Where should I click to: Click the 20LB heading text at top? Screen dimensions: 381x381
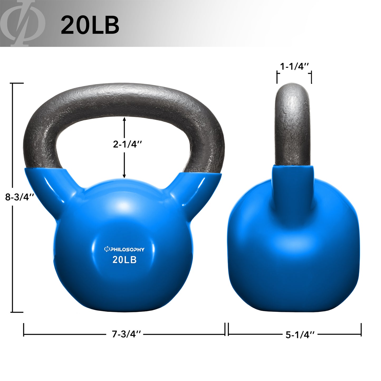pos(90,25)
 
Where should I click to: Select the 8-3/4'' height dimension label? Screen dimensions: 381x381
pos(20,197)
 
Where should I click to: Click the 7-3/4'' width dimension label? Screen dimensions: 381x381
pos(127,334)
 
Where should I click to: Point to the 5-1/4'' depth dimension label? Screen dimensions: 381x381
pos(300,335)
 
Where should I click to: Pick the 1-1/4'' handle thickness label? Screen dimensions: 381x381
pos(294,67)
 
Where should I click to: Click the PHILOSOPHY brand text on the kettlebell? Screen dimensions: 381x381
pos(127,249)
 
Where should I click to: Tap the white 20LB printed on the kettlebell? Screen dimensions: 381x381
pos(124,260)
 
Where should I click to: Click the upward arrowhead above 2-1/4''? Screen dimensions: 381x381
pos(124,119)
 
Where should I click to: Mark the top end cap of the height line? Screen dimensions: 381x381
pos(17,83)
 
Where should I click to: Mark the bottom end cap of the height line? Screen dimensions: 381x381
pos(17,312)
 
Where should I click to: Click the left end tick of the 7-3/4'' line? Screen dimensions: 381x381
pos(24,330)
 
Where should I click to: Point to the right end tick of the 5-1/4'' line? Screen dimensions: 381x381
pos(361,330)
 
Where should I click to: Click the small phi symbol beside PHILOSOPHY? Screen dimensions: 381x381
pos(107,249)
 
